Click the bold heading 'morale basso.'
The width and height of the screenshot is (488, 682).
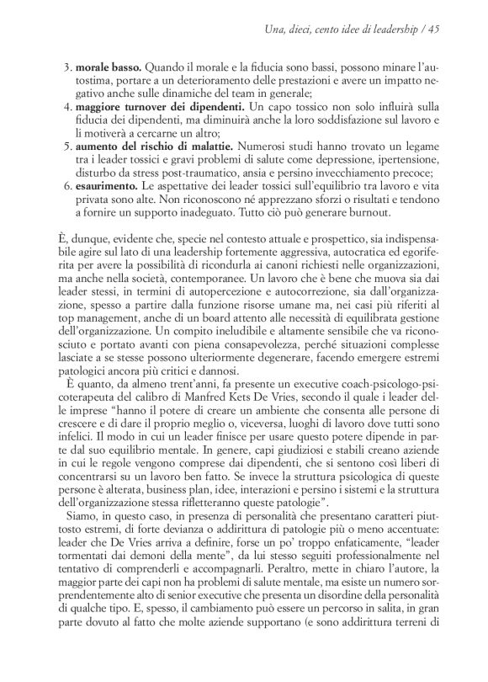click(105, 65)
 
